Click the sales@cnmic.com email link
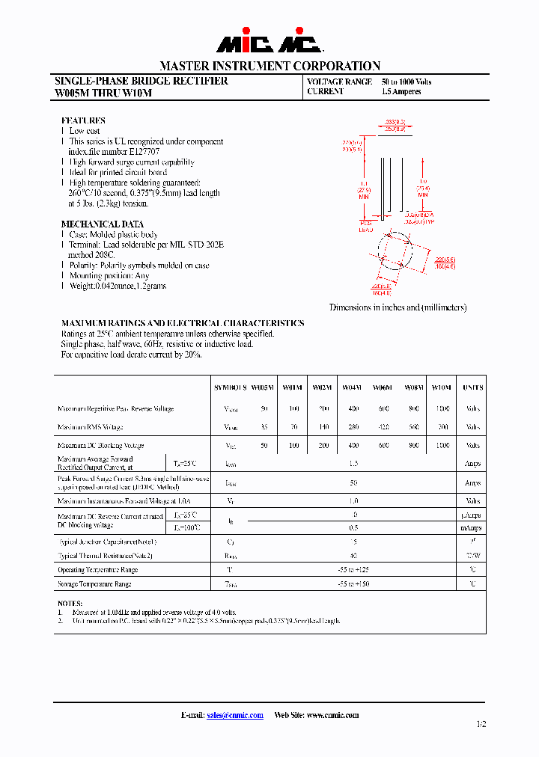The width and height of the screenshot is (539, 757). pyautogui.click(x=234, y=715)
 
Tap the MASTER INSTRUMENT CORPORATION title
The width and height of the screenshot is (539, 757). pyautogui.click(x=269, y=66)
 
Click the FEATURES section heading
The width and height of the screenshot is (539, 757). pyautogui.click(x=83, y=120)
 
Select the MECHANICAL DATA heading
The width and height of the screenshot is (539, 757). pyautogui.click(x=102, y=224)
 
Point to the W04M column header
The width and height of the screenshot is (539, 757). pyautogui.click(x=352, y=387)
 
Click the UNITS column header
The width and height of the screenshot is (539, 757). pyautogui.click(x=472, y=387)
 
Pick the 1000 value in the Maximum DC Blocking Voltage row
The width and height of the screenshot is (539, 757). pyautogui.click(x=442, y=445)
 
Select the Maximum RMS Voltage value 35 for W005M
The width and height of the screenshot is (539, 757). pyautogui.click(x=264, y=426)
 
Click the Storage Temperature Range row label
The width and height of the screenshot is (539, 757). pyautogui.click(x=94, y=583)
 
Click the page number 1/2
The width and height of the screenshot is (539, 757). pyautogui.click(x=480, y=724)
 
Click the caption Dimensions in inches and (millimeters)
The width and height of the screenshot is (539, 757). pyautogui.click(x=398, y=307)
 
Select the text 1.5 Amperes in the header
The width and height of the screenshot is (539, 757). pyautogui.click(x=401, y=92)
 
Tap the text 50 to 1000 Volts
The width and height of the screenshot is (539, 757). pyautogui.click(x=406, y=82)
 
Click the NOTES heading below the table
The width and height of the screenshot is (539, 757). pyautogui.click(x=70, y=602)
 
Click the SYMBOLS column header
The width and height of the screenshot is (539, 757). pyautogui.click(x=230, y=387)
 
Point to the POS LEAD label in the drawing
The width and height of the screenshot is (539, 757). pyautogui.click(x=366, y=226)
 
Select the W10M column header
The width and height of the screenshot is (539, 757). pyautogui.click(x=442, y=387)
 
